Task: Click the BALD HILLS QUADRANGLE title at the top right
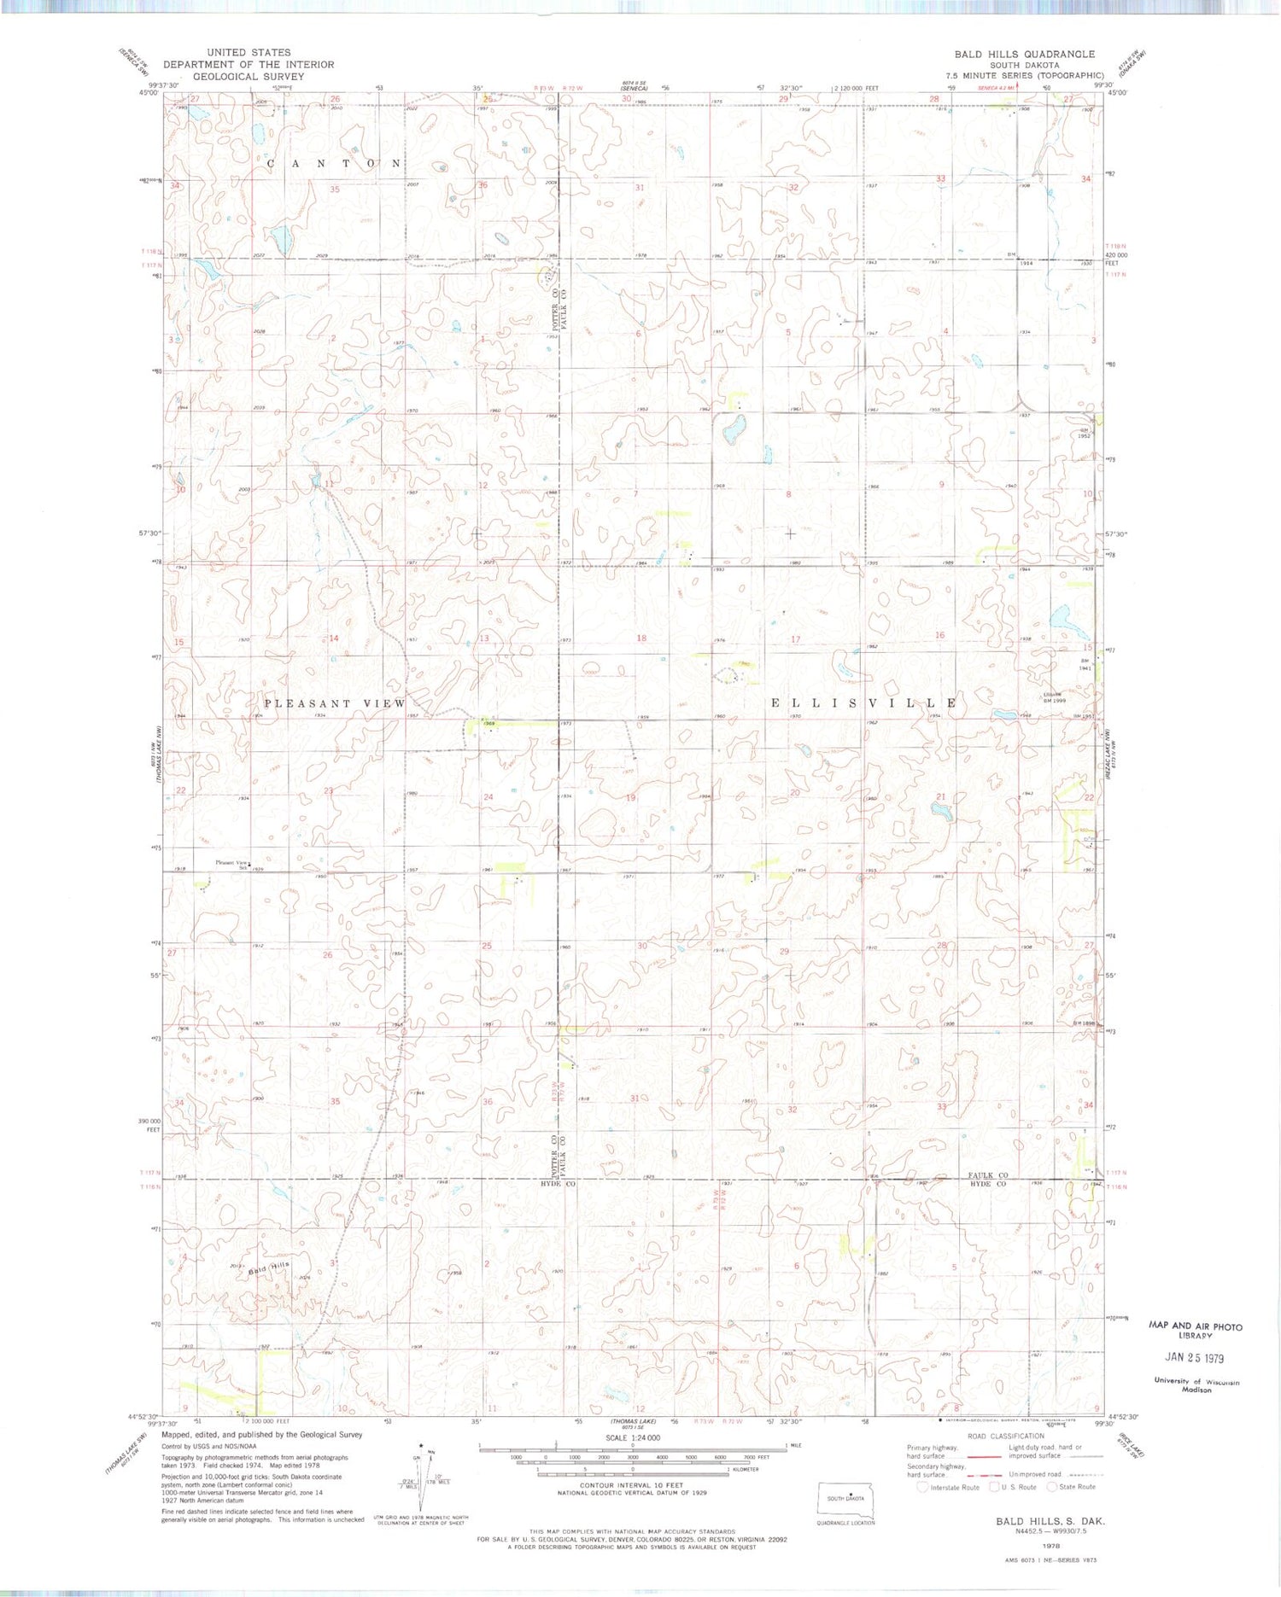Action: coord(1024,54)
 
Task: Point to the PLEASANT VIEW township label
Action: coord(335,703)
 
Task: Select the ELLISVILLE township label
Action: coord(863,702)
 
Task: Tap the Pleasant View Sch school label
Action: coord(231,864)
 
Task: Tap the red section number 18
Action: coord(641,638)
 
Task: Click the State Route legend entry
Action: coord(1076,1487)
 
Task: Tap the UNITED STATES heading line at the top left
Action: coord(249,53)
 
